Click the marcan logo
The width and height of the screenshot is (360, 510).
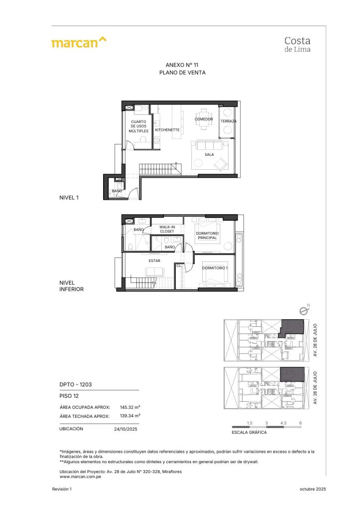click(79, 42)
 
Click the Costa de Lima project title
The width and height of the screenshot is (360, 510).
click(297, 45)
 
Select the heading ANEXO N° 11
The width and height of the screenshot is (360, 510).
click(182, 65)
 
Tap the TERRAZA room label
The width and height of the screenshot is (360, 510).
click(229, 121)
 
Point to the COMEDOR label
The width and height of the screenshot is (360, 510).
click(204, 119)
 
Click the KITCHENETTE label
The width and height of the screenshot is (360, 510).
click(167, 130)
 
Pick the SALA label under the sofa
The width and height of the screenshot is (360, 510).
click(209, 154)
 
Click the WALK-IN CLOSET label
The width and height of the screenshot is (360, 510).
click(167, 229)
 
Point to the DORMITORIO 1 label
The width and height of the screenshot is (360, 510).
click(215, 268)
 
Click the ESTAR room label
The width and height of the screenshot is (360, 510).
click(154, 260)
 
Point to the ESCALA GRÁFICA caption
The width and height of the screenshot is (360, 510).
click(249, 432)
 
